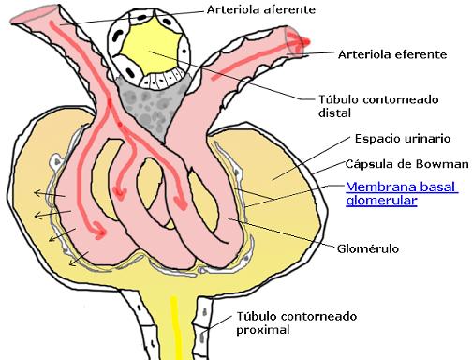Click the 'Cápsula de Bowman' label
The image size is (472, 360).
pyautogui.click(x=405, y=162)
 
